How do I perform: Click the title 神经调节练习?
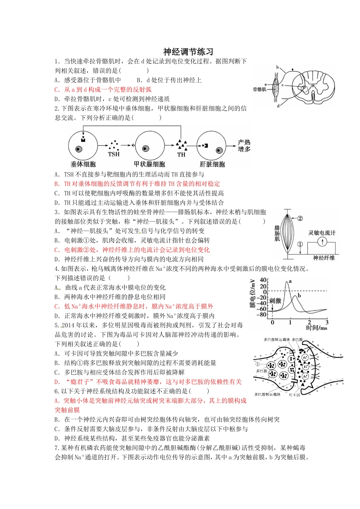(x=188, y=52)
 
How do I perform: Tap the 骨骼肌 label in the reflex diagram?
(x=260, y=89)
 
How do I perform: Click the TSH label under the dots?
(x=114, y=154)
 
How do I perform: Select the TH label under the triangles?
(x=181, y=155)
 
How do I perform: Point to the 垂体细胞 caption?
(x=83, y=164)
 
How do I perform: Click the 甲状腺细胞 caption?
(x=149, y=164)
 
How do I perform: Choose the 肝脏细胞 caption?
(x=212, y=164)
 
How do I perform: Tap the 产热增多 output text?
(x=244, y=146)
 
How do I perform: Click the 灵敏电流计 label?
(x=322, y=233)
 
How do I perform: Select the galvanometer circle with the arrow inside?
(x=322, y=242)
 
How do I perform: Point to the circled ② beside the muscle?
(x=300, y=218)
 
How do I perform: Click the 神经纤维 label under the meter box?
(x=324, y=258)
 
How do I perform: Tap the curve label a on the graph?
(x=290, y=281)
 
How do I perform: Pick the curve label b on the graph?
(x=299, y=295)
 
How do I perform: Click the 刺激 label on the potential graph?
(x=275, y=301)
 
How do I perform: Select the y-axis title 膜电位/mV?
(x=253, y=293)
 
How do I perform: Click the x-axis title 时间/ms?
(x=316, y=328)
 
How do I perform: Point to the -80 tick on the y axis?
(x=261, y=315)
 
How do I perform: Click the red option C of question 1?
(x=103, y=89)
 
